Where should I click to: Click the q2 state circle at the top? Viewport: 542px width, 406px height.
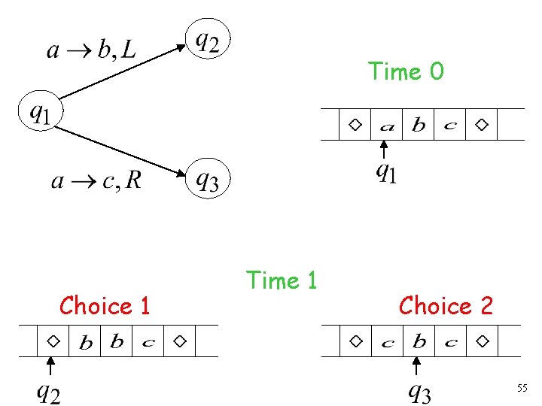tap(208, 39)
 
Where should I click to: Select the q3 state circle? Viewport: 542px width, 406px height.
tap(208, 178)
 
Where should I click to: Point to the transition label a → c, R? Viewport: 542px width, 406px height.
tap(96, 180)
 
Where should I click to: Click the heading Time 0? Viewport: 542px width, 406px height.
tap(406, 72)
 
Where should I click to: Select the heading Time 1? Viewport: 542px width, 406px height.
tap(282, 280)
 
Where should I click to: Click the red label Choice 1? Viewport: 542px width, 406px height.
tap(105, 306)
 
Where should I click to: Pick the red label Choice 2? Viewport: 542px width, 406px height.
tap(446, 306)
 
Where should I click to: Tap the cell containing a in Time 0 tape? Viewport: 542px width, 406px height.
tap(387, 126)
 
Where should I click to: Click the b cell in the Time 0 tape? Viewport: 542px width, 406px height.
tap(419, 126)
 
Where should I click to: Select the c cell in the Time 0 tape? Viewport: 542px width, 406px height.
tap(450, 126)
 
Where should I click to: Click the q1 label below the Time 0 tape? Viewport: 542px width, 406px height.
tap(386, 172)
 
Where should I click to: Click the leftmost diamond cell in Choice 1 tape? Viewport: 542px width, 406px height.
tap(53, 341)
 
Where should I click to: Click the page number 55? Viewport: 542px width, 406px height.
tap(522, 388)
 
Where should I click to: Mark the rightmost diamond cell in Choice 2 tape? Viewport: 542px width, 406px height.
tap(482, 341)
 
